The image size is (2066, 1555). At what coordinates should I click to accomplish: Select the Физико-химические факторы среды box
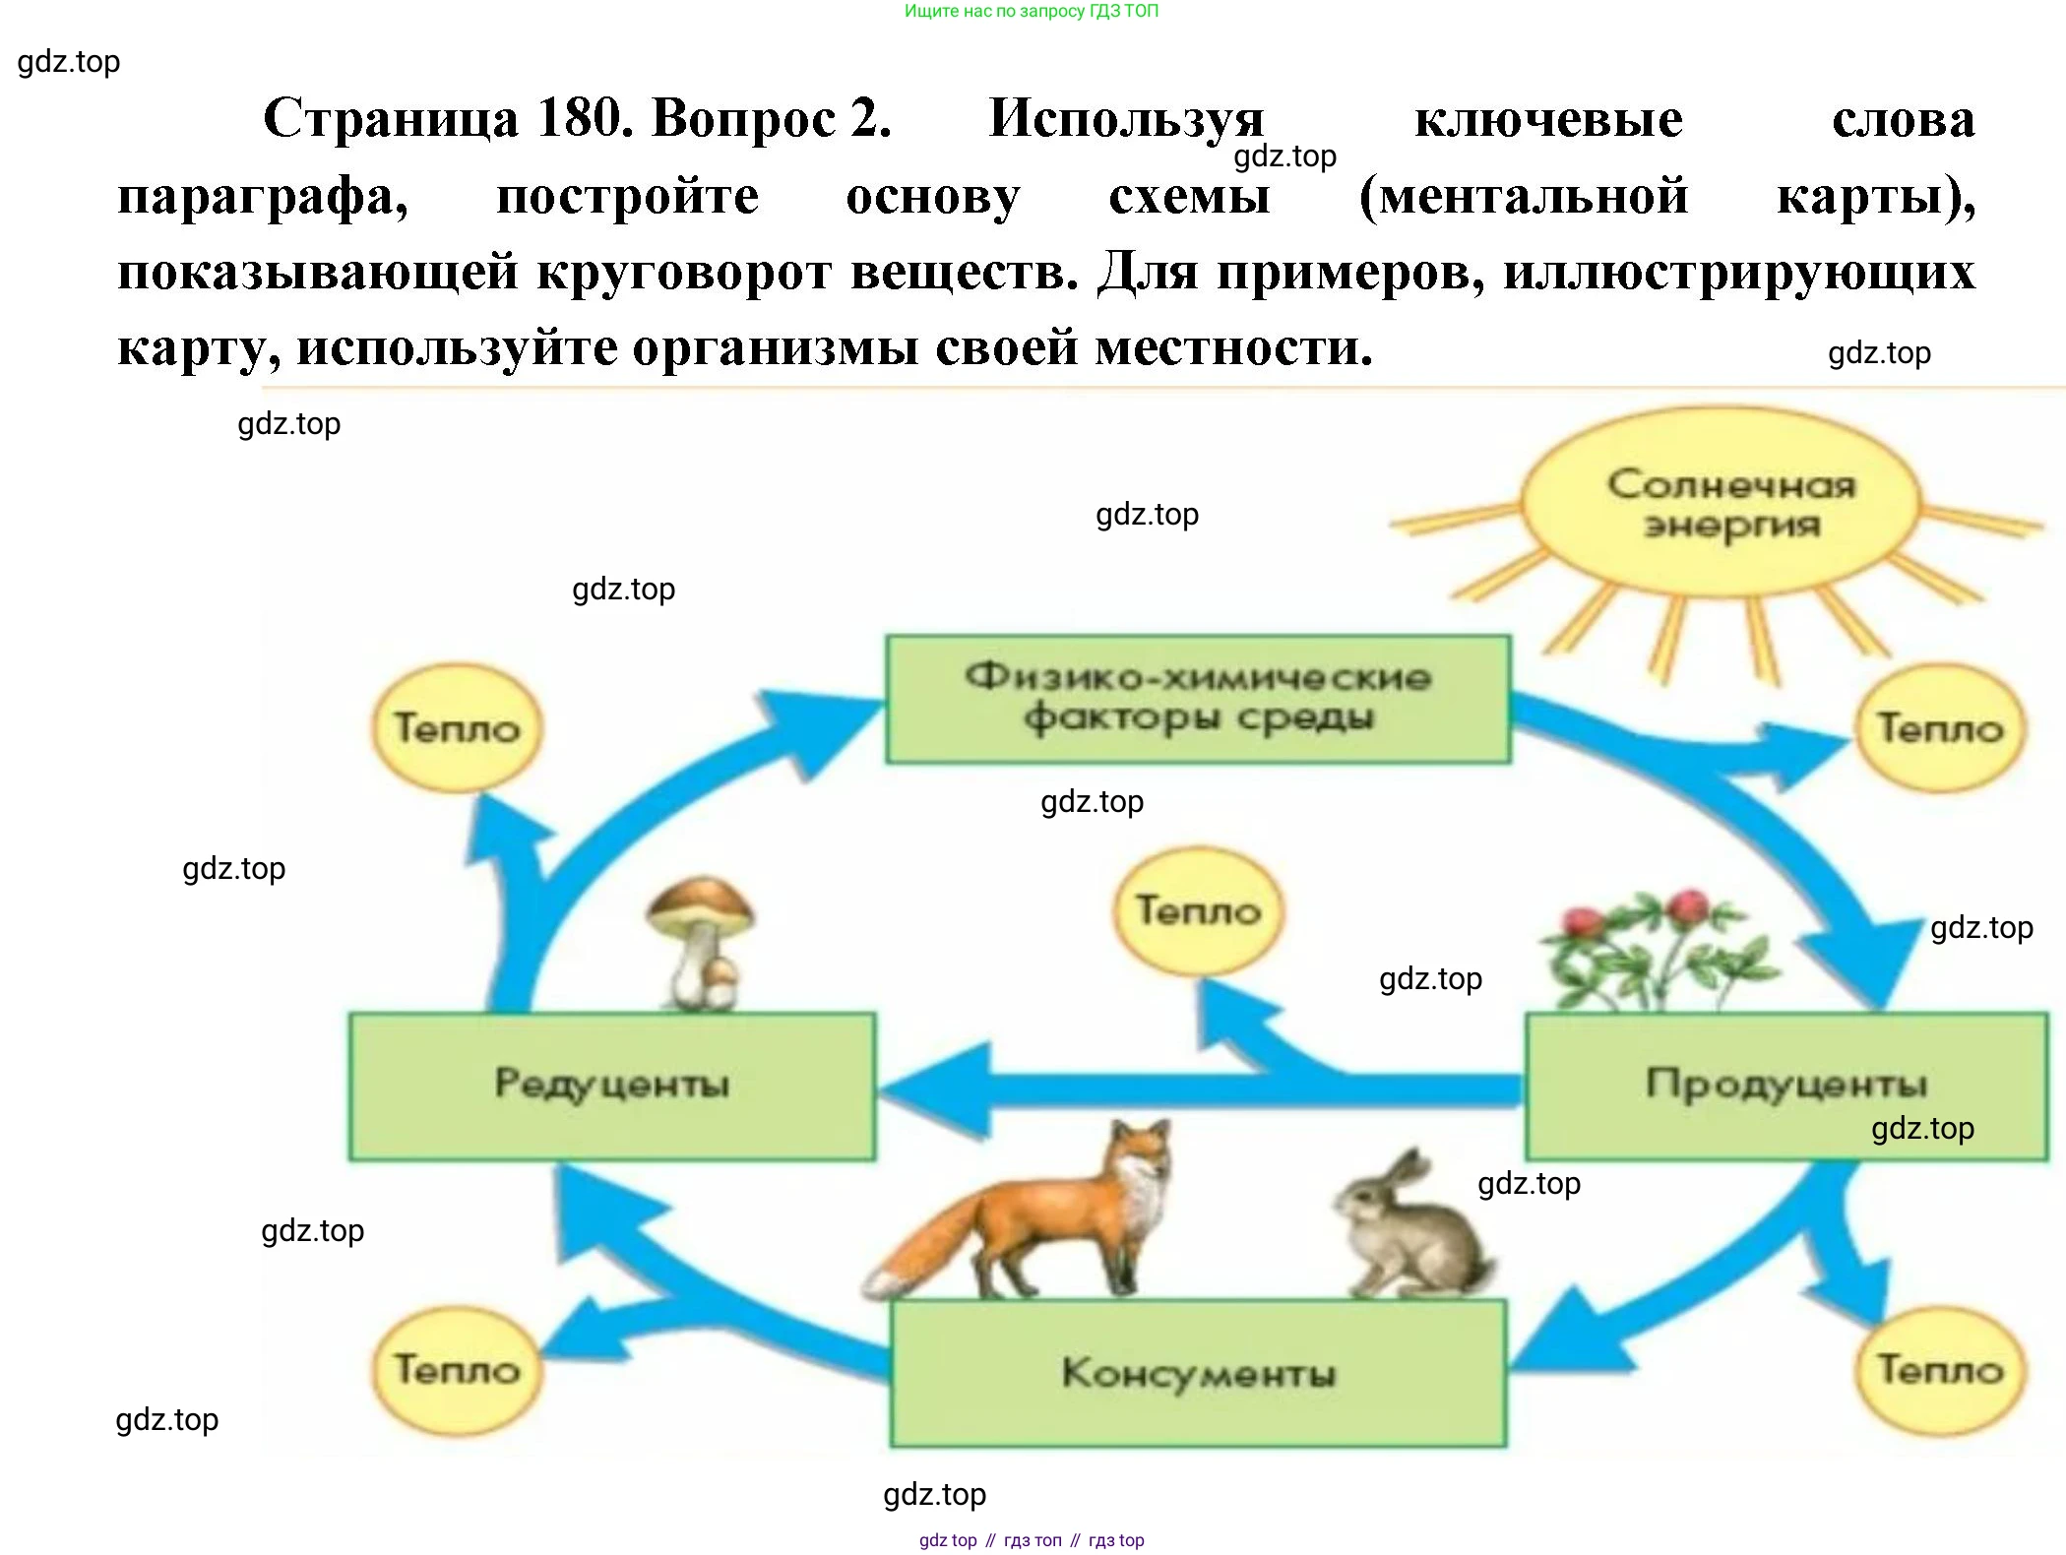(x=1197, y=698)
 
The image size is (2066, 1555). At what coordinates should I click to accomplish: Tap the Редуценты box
(x=611, y=1085)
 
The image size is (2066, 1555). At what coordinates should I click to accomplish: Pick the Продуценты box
(x=1785, y=1085)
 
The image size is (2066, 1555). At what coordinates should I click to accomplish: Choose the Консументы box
(x=1197, y=1373)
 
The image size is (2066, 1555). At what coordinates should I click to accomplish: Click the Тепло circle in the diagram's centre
(x=1198, y=910)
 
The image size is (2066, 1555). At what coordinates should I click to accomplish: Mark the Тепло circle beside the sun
(x=1939, y=728)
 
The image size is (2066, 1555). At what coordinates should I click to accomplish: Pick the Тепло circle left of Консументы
(x=457, y=1369)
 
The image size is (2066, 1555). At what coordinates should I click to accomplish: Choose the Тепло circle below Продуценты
(x=1939, y=1369)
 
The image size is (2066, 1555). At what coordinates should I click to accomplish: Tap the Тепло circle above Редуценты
(x=457, y=728)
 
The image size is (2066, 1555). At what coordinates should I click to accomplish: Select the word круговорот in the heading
(x=683, y=272)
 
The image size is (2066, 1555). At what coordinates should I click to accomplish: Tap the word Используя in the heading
(x=1126, y=118)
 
